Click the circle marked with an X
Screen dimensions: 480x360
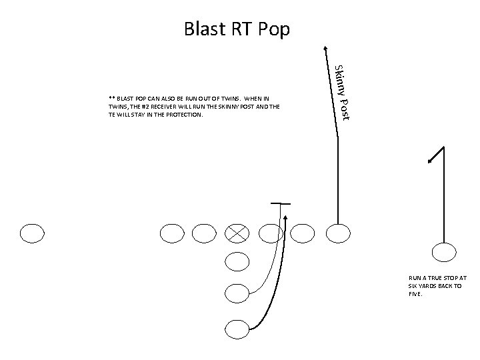(x=237, y=233)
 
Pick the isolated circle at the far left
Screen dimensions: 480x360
(x=32, y=233)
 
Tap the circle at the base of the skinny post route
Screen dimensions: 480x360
(x=338, y=233)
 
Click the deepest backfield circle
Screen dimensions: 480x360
(x=237, y=328)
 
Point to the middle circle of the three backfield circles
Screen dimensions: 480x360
(x=237, y=292)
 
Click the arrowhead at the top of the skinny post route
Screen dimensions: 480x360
(x=325, y=48)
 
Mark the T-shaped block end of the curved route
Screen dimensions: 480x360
(x=281, y=202)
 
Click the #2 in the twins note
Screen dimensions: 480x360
(x=153, y=106)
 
